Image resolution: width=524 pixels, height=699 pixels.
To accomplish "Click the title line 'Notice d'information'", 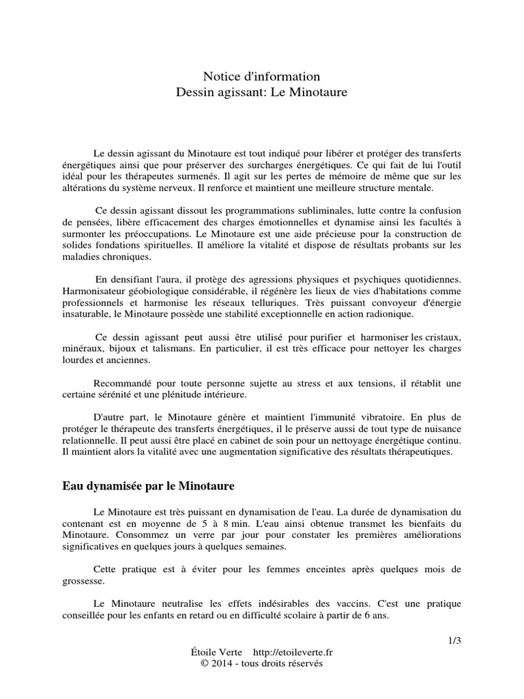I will pos(261,76).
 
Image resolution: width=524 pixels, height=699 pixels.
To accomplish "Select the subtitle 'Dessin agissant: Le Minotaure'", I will pos(261,90).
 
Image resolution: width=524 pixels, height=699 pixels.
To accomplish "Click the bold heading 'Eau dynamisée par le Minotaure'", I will pos(148,487).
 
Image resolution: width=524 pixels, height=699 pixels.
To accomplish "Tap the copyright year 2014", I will pos(220,664).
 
